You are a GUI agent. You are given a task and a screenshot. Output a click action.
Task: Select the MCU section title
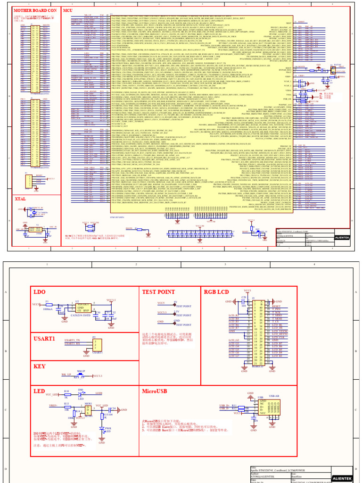(x=68, y=10)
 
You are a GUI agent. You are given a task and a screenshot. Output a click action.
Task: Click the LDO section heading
(x=40, y=292)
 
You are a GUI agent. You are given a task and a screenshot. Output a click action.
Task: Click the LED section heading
(x=39, y=391)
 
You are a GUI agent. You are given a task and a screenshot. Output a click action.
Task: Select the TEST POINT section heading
(x=159, y=292)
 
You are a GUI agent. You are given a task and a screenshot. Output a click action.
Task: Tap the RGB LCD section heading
(x=216, y=292)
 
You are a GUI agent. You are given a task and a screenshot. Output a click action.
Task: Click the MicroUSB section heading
(x=156, y=391)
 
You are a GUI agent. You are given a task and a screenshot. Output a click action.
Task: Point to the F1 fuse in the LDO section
(x=47, y=304)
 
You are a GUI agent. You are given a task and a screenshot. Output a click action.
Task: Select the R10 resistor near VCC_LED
(x=66, y=394)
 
